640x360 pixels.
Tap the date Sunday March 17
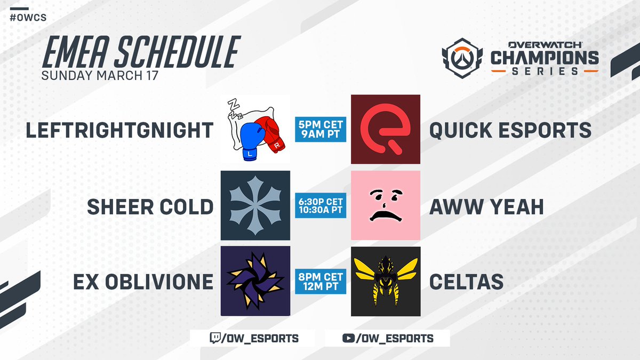click(100, 75)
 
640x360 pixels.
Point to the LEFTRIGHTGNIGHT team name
click(119, 130)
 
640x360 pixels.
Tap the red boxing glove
click(272, 135)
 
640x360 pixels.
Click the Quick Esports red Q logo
click(385, 129)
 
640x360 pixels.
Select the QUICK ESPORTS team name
click(510, 130)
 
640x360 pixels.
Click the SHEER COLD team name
click(150, 206)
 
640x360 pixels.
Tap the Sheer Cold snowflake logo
click(255, 205)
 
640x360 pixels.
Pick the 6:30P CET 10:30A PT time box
click(321, 205)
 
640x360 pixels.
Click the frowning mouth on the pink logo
click(386, 217)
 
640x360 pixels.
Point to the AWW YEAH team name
click(486, 206)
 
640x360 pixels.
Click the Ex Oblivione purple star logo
click(255, 281)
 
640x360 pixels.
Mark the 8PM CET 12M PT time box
click(321, 281)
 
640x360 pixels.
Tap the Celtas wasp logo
click(385, 281)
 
